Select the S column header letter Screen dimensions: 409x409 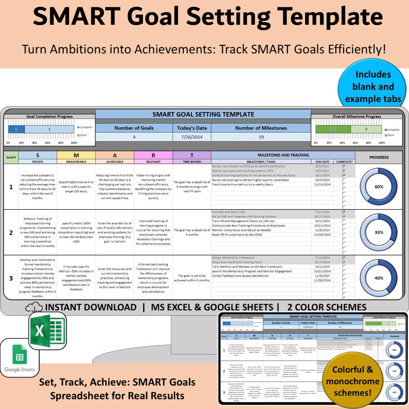(x=37, y=155)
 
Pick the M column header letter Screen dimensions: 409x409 (x=76, y=155)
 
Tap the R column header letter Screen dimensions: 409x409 (x=153, y=155)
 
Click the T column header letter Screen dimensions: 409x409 (x=192, y=155)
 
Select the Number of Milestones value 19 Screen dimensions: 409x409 (x=261, y=138)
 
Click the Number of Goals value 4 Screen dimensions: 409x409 (x=133, y=138)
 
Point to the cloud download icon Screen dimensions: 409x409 (x=37, y=308)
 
